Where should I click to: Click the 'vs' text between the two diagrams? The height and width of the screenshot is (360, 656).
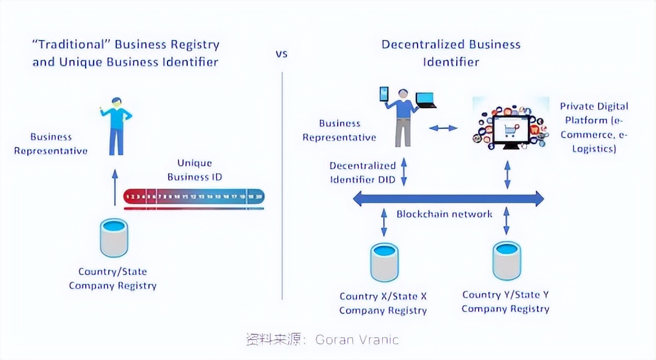click(x=281, y=54)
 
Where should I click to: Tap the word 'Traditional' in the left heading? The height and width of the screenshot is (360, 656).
click(x=71, y=45)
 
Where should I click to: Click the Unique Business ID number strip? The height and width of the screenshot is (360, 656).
click(x=194, y=196)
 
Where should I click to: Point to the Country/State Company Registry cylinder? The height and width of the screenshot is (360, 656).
click(x=114, y=238)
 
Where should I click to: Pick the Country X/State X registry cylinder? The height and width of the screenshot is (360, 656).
click(x=384, y=262)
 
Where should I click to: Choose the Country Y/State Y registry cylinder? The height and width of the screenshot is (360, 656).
click(x=506, y=261)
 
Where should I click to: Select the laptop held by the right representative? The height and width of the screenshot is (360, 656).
click(x=426, y=100)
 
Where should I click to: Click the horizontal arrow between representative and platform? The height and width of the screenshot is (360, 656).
click(x=443, y=128)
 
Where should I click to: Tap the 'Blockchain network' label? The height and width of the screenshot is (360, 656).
click(x=444, y=214)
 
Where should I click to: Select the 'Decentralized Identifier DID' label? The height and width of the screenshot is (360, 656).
click(x=362, y=172)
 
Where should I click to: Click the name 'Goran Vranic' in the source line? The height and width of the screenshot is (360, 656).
click(x=357, y=340)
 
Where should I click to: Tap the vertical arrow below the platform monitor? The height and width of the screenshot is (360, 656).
click(x=507, y=175)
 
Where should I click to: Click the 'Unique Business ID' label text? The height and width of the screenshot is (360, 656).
click(x=195, y=170)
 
